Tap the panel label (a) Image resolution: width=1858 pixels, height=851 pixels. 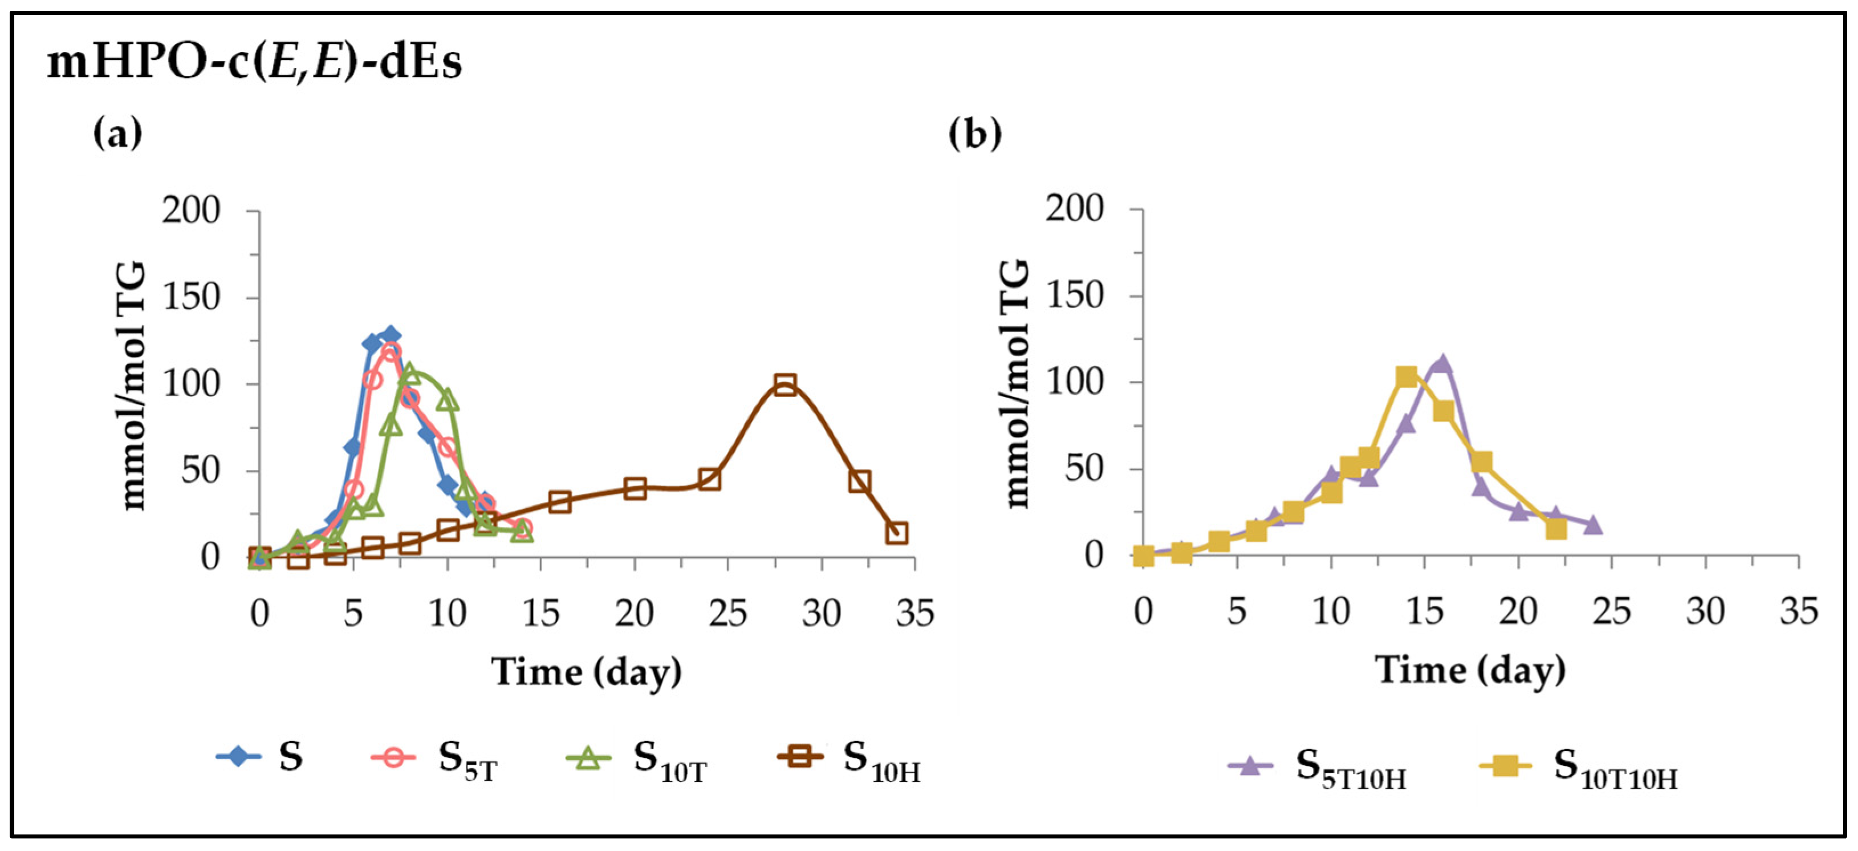[117, 133]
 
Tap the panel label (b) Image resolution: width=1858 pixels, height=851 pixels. [974, 133]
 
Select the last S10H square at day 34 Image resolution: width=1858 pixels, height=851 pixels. [897, 533]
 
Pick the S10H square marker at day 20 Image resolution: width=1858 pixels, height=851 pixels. [635, 488]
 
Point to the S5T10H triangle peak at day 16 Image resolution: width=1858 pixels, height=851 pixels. [1441, 363]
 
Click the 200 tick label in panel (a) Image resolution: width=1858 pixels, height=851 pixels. [190, 212]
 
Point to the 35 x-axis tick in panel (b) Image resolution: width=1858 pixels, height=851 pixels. [1798, 611]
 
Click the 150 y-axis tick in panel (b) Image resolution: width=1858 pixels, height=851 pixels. [1075, 296]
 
